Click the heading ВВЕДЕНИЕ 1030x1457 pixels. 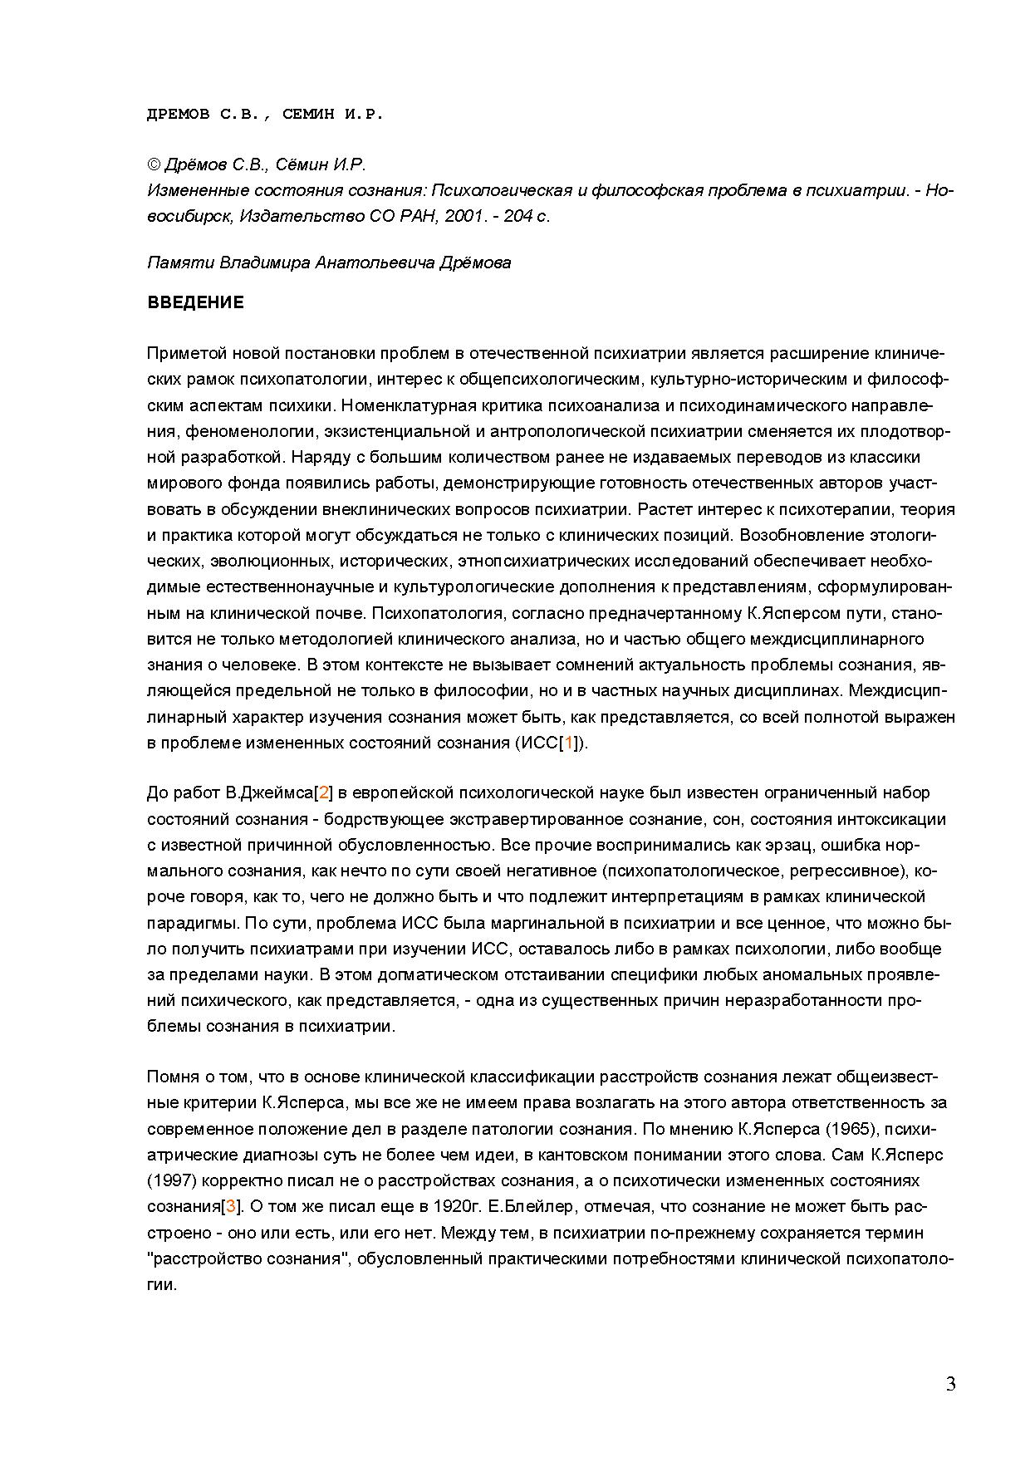pos(195,302)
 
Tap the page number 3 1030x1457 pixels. pos(950,1384)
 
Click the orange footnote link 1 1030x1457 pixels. pos(569,743)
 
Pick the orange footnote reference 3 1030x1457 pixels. pos(231,1206)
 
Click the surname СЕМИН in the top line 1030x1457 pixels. pos(307,115)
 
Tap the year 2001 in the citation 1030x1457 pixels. pos(462,216)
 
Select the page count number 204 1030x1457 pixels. pos(517,216)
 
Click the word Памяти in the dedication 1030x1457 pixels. pos(181,263)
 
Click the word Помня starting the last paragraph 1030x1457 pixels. pos(172,1077)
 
